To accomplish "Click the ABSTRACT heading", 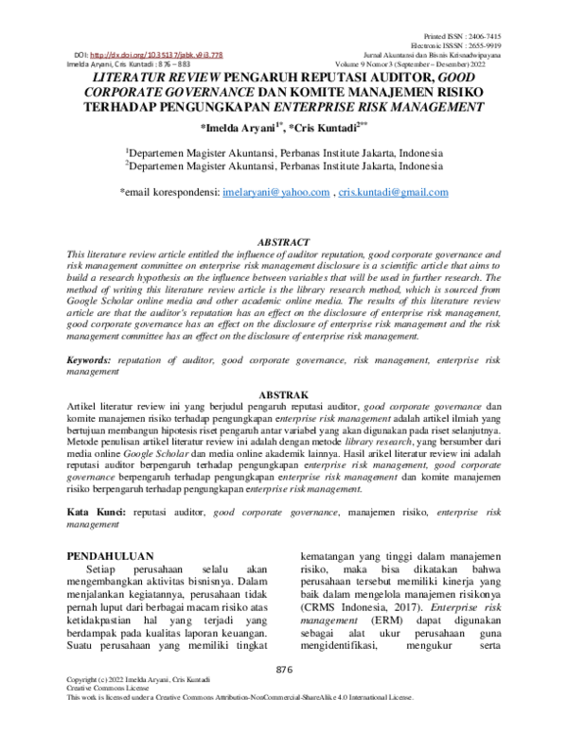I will (x=283, y=243).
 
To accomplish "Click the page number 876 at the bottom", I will (x=283, y=697).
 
